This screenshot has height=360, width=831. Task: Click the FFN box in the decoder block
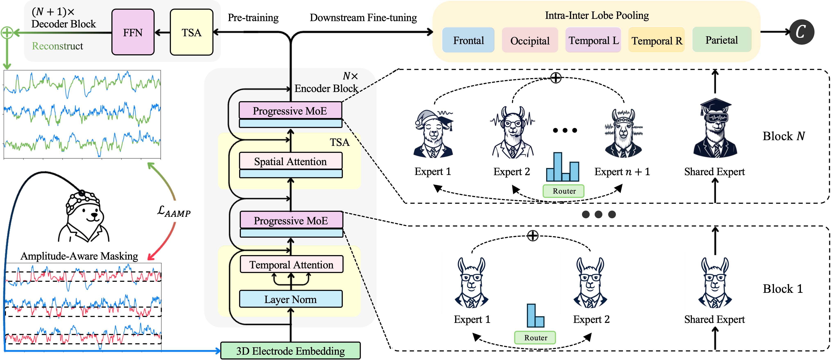(133, 32)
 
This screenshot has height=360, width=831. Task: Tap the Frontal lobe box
(468, 40)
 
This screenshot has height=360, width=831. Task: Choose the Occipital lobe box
(530, 41)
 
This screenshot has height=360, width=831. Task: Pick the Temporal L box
(593, 40)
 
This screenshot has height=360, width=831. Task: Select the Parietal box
(722, 40)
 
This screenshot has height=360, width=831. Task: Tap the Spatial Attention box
(290, 161)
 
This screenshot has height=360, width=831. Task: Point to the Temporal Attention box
(291, 265)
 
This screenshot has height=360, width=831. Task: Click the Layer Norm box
(290, 299)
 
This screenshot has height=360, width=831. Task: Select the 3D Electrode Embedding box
(290, 351)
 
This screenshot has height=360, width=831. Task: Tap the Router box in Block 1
(535, 338)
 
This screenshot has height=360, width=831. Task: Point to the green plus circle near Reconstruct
(7, 33)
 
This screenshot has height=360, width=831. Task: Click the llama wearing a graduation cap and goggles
(715, 129)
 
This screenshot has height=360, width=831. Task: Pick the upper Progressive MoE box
(290, 111)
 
